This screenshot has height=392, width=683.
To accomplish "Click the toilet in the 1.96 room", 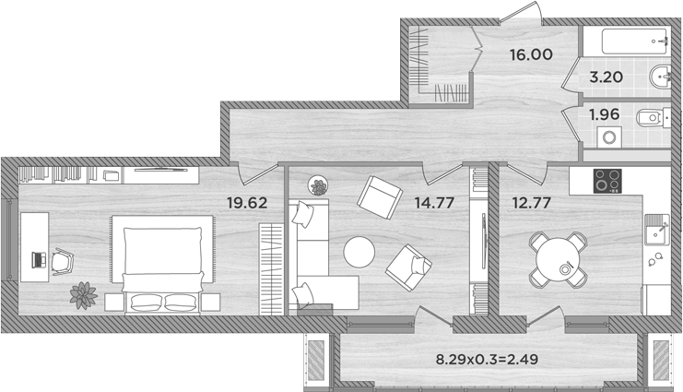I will click(650, 117).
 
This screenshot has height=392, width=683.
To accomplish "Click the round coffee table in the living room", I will click(359, 253).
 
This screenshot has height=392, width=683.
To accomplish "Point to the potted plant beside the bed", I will click(83, 295).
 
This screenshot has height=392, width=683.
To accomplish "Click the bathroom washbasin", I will click(658, 77).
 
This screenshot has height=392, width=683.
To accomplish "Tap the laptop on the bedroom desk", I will click(38, 259).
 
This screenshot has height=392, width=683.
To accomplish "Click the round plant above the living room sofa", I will click(319, 186).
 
